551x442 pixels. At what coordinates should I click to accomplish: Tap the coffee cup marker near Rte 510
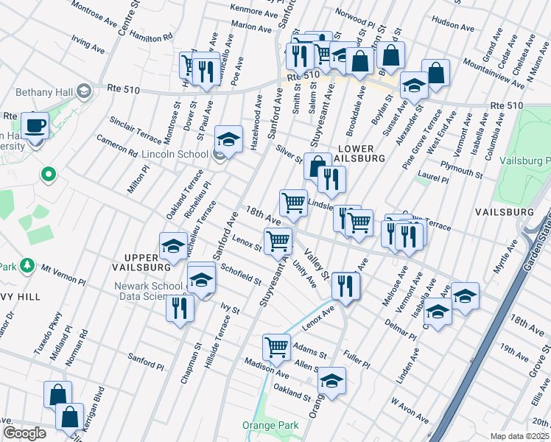point(35,124)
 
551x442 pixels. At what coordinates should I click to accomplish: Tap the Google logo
point(24,432)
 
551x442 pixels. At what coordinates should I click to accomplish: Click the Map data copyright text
point(520,436)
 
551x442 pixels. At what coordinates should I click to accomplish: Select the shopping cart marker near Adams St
point(276,345)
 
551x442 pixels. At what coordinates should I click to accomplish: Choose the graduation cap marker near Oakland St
point(332,381)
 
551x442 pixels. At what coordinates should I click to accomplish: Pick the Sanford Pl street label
point(145,361)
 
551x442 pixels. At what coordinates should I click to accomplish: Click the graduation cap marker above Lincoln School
point(229,138)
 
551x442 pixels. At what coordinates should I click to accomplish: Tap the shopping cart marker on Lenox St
point(278,240)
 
